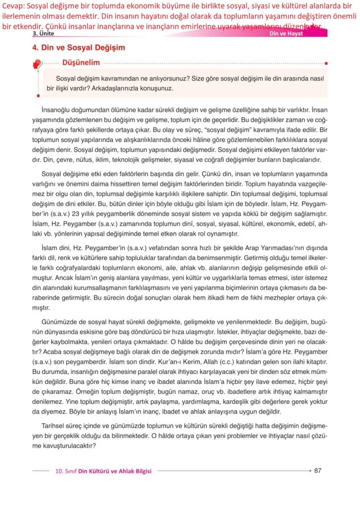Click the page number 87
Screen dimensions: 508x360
[x=318, y=470]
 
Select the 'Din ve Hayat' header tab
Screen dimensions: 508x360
[x=286, y=33]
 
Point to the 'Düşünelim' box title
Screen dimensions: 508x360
[x=81, y=63]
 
